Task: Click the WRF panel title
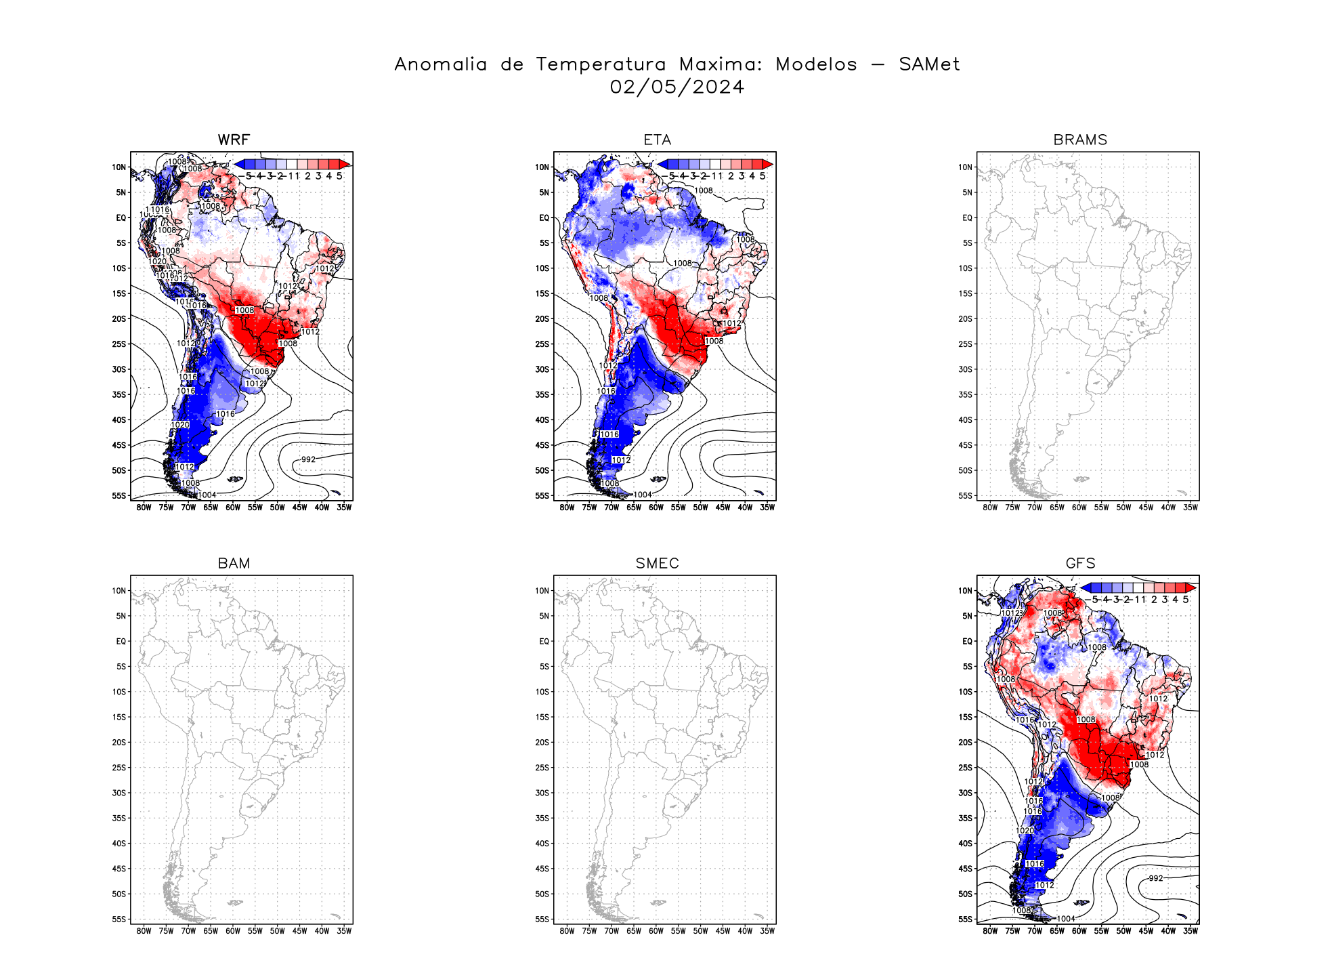coord(234,140)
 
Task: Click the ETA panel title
coord(657,140)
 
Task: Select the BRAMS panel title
coord(1080,140)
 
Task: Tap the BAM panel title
coord(234,564)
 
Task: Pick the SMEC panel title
coord(657,564)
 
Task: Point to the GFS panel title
coord(1080,564)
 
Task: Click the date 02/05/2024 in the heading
coord(677,87)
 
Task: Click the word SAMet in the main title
coord(929,64)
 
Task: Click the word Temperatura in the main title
coord(601,64)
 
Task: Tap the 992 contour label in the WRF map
coord(308,459)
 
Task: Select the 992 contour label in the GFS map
coord(1155,878)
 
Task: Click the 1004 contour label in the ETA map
coord(642,495)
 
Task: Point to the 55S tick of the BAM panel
coord(119,919)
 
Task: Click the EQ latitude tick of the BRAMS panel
coord(967,218)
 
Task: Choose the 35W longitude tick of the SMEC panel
coord(767,931)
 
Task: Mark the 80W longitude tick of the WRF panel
coord(144,508)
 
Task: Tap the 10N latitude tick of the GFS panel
coord(965,591)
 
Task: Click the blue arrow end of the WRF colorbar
coord(239,164)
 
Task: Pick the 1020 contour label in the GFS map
coord(1025,831)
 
